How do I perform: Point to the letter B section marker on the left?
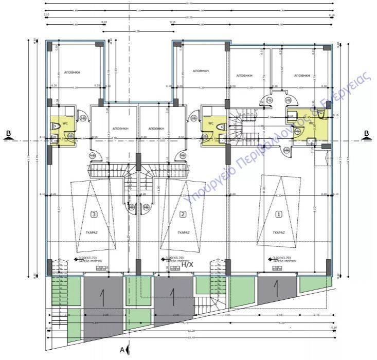(x=8, y=134)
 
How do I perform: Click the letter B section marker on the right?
(x=367, y=134)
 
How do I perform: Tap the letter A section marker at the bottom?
(x=122, y=350)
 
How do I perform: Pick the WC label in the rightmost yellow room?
(x=311, y=123)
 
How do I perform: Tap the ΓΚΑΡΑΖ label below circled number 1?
(x=279, y=232)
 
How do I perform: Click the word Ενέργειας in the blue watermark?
(x=354, y=90)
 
